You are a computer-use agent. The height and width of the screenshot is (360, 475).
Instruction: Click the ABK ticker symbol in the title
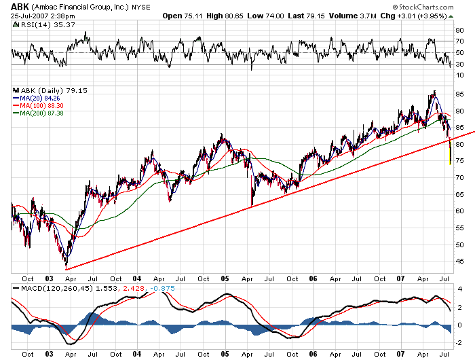20,6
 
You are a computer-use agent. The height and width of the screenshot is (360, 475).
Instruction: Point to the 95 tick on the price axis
459,94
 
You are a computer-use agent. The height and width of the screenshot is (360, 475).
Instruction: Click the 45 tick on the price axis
459,261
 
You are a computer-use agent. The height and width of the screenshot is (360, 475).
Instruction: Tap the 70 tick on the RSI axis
459,41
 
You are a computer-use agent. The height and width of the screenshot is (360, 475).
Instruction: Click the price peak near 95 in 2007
433,92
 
